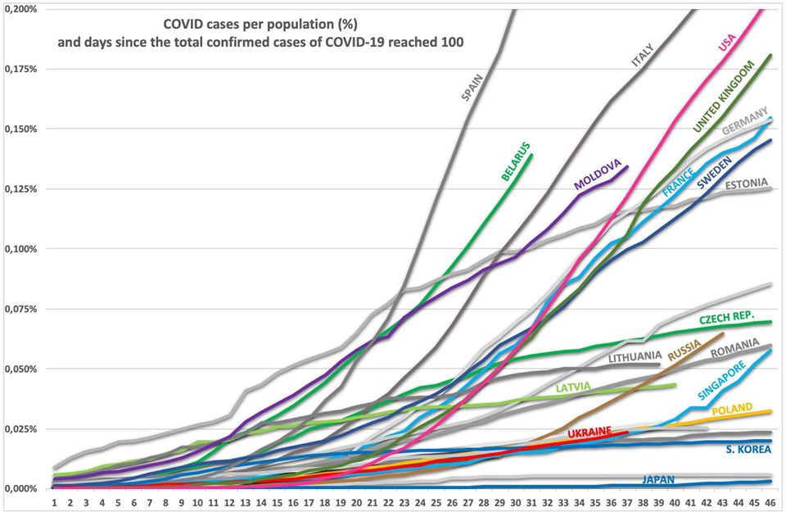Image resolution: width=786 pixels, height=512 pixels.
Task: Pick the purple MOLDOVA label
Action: pos(601,172)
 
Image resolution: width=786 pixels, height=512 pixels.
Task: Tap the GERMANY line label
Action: pos(745,120)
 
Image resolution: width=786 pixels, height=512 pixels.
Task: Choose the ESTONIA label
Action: pos(745,182)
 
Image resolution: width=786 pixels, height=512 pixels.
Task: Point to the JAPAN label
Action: pos(659,480)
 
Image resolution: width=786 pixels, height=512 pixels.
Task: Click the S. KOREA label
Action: pos(748,449)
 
